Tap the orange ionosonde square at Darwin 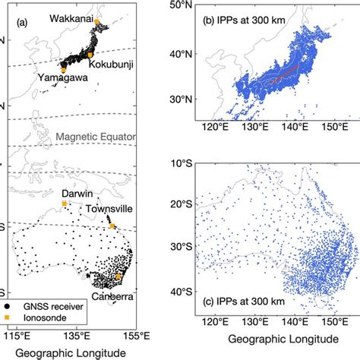65,204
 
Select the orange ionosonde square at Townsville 112,226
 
